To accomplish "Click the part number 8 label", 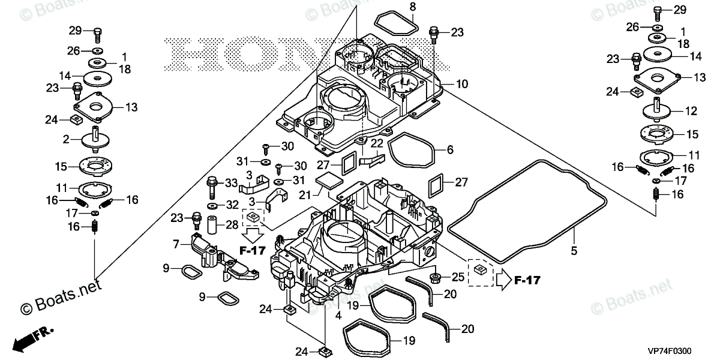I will click(412, 7).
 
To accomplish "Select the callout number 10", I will click(461, 84).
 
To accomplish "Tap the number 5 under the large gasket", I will click(574, 251).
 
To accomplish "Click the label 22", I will click(376, 143).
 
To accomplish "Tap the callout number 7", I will click(176, 244).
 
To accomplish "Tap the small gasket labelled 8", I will click(396, 22).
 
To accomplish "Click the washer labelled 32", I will click(213, 205).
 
